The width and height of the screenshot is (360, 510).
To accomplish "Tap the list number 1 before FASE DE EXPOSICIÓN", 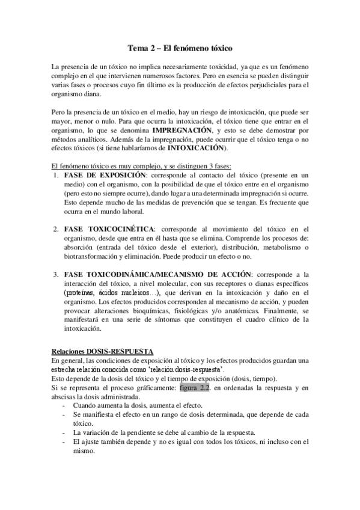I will coord(55,174).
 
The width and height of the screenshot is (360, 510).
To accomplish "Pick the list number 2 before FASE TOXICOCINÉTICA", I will coord(55,229).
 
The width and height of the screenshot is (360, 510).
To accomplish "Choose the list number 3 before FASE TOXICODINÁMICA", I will coord(55,274).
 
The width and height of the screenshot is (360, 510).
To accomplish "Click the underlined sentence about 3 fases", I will coord(138,165).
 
